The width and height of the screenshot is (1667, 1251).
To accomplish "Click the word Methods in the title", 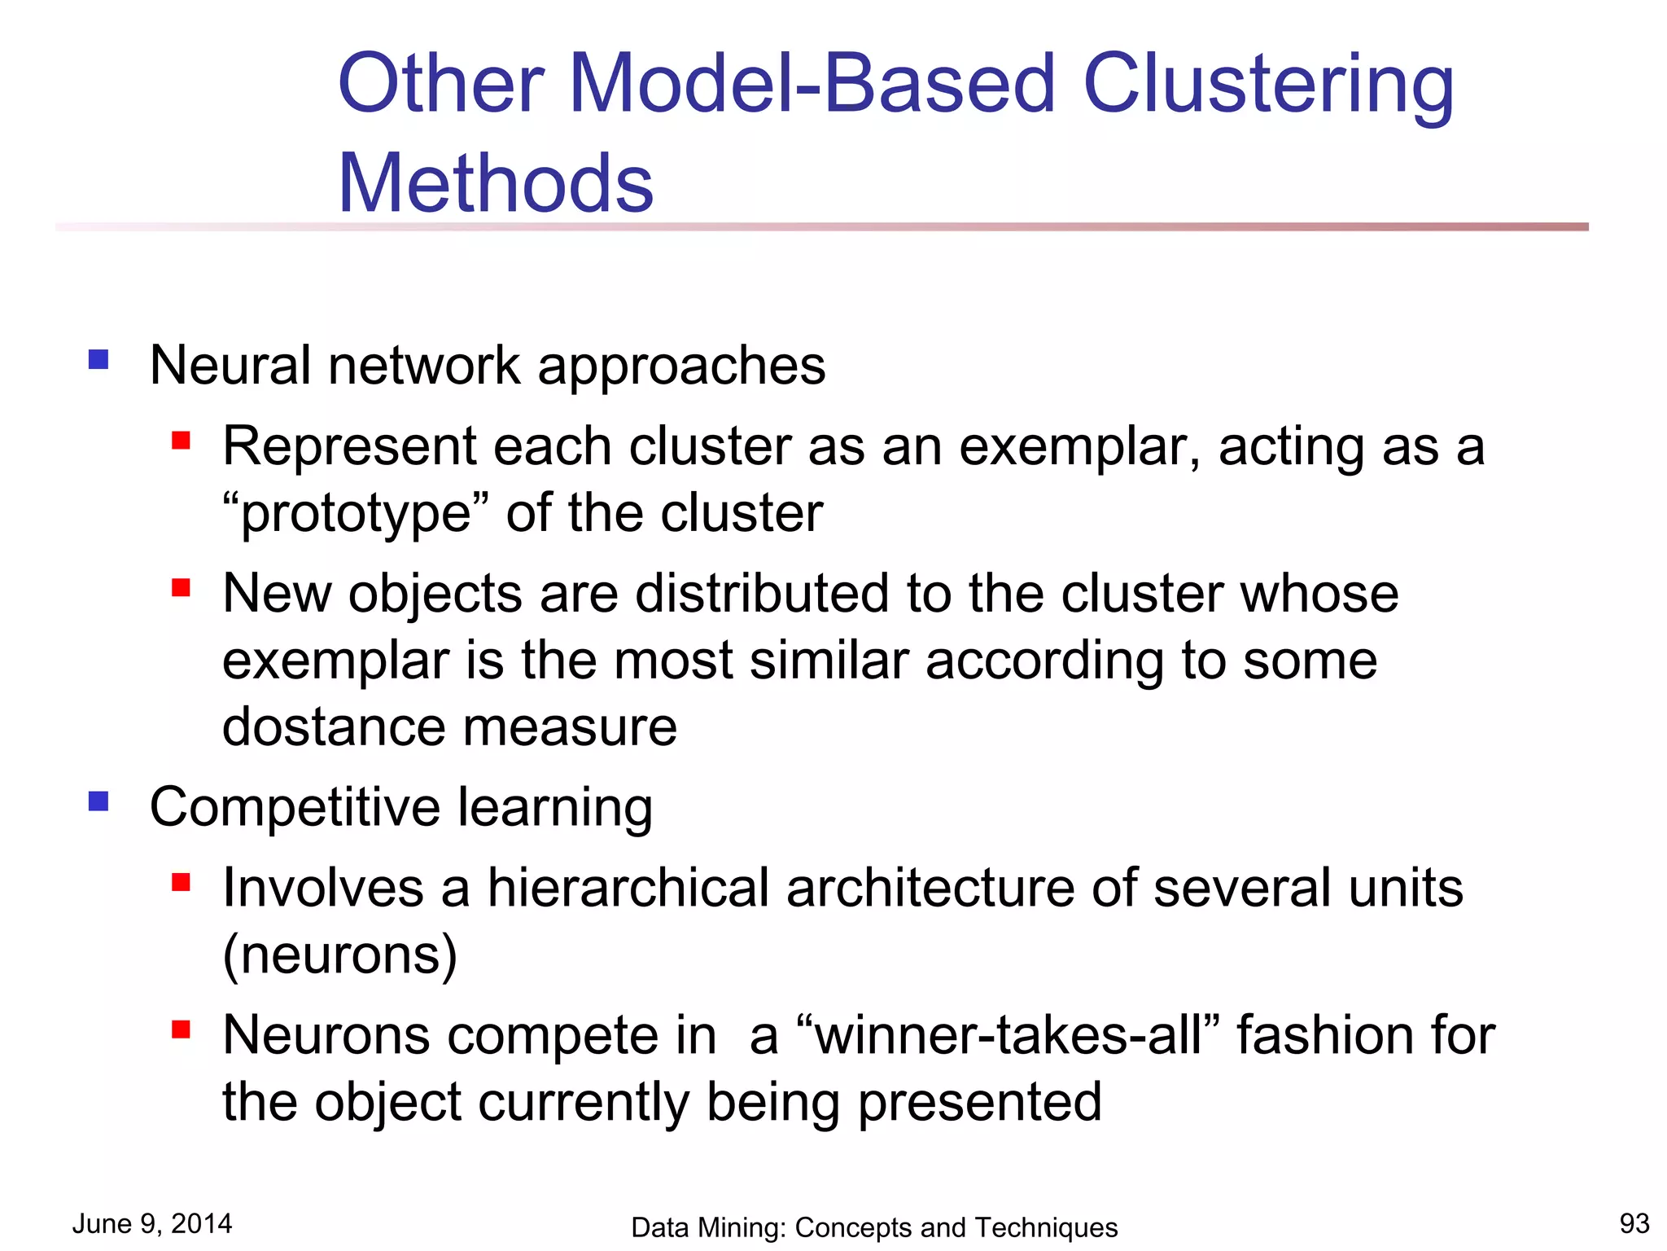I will pos(496,183).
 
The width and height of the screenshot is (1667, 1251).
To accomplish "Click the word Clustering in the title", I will pos(1267,84).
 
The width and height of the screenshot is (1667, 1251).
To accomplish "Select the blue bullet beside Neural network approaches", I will pos(98,360).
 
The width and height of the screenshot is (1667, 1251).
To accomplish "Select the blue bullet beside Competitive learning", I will pos(98,802).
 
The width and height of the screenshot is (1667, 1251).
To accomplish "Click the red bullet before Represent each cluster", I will pos(181,441).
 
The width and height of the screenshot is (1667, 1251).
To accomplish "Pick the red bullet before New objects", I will pos(181,588).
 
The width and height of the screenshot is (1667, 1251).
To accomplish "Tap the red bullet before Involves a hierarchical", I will pos(181,882).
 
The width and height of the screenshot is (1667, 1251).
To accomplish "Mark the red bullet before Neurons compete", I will pos(181,1029).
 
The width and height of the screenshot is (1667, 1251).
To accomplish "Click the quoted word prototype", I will pos(357,513).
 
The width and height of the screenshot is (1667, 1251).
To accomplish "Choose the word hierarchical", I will pos(628,887).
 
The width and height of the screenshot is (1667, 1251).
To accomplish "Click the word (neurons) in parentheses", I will pos(339,955).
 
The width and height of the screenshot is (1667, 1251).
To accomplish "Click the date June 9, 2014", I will pos(152,1223).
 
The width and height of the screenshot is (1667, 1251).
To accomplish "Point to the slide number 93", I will pos(1634,1223).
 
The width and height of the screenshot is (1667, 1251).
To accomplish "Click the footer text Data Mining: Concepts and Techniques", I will pos(874,1227).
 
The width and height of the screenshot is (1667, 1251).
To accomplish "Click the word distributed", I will pos(762,593).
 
